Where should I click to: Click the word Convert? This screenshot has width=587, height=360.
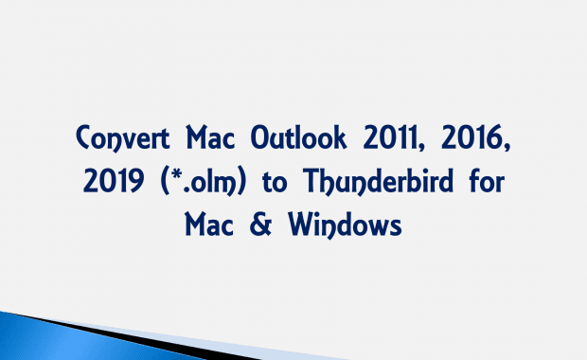[123, 141]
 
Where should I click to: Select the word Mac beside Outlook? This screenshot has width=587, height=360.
[214, 141]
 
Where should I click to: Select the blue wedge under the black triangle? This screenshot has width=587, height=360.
[76, 341]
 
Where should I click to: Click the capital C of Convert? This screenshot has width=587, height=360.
[85, 141]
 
